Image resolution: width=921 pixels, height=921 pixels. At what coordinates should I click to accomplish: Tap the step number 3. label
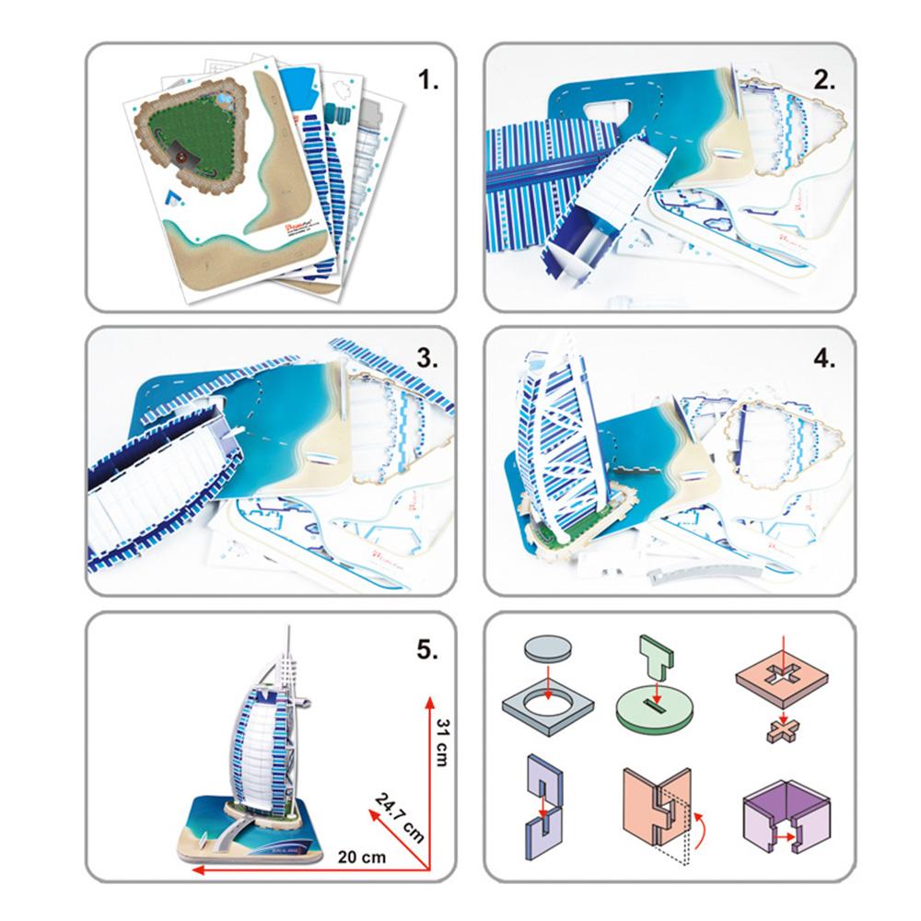point(428,359)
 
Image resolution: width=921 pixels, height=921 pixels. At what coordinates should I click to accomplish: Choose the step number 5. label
point(428,650)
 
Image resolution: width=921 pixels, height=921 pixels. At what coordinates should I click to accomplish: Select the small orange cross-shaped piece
point(781,732)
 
